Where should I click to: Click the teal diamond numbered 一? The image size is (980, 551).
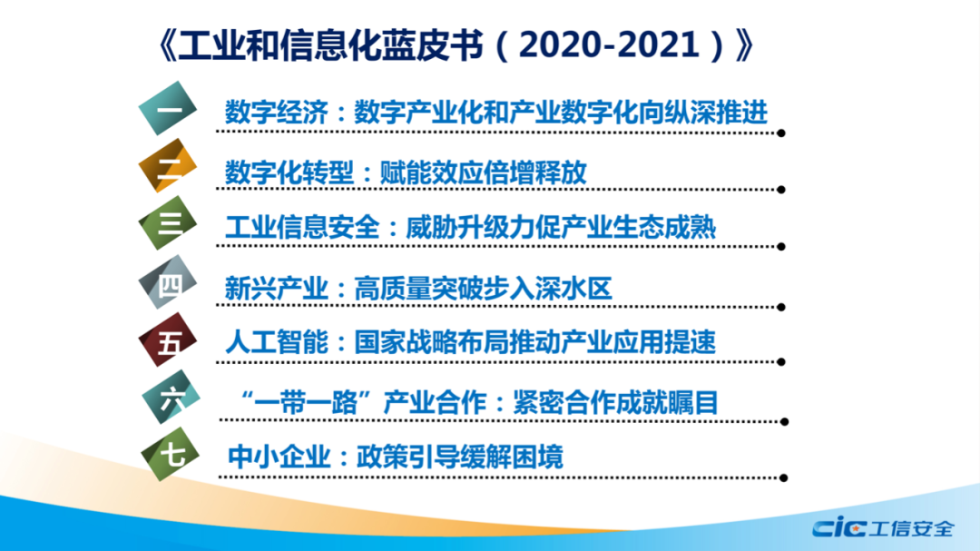click(168, 108)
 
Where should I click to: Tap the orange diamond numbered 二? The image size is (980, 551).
click(168, 166)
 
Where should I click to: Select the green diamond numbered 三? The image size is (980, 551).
click(168, 223)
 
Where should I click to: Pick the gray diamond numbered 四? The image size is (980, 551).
click(168, 282)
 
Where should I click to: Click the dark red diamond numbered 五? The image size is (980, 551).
click(168, 339)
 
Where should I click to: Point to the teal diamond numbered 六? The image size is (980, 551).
click(171, 398)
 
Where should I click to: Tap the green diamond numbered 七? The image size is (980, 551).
click(170, 455)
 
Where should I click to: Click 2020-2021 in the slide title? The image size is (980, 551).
click(609, 45)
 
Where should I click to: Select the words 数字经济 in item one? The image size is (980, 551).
click(276, 113)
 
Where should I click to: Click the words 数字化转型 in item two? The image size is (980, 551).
click(289, 172)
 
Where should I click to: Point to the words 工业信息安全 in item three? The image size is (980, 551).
click(302, 227)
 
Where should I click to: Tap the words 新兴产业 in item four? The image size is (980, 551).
click(276, 289)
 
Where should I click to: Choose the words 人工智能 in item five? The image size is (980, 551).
click(276, 342)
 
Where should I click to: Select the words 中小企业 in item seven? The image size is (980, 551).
click(279, 457)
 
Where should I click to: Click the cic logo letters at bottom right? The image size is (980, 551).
click(838, 527)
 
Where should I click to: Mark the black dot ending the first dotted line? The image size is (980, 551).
click(781, 133)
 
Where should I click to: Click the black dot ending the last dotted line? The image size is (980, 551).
click(784, 477)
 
